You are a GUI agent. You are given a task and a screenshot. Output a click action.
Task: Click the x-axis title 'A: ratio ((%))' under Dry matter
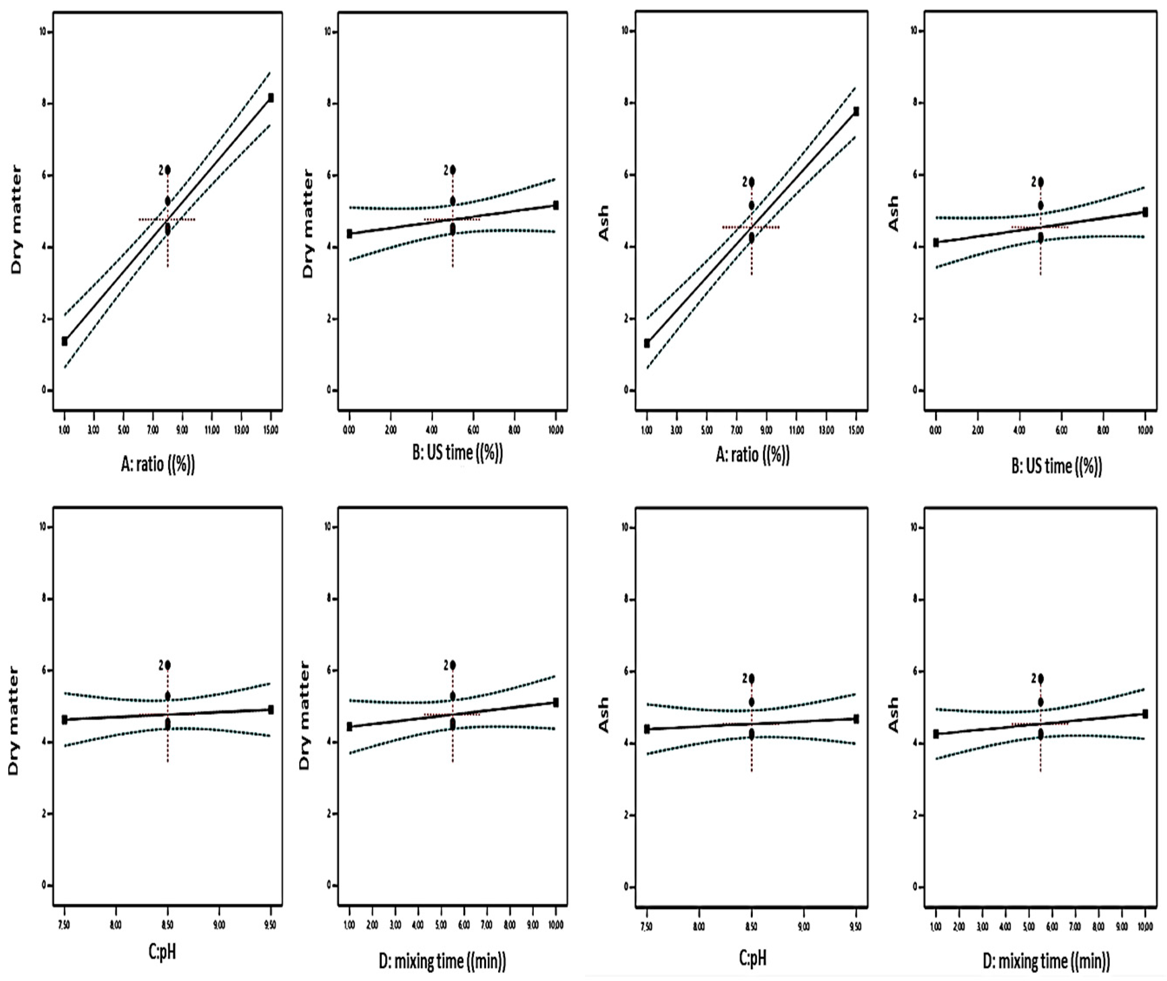[x=158, y=464]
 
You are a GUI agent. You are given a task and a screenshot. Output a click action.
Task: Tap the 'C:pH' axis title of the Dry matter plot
[x=162, y=951]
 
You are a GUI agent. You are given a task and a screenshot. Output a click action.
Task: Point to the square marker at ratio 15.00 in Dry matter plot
[x=271, y=98]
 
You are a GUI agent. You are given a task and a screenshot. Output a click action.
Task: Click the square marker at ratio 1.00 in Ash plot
[x=647, y=343]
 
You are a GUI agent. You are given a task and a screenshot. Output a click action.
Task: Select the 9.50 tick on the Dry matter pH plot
[x=271, y=925]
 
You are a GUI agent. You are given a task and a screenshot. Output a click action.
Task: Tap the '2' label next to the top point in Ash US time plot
[x=1033, y=182]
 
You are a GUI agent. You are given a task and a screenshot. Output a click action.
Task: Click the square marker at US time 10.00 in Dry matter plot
[x=556, y=205]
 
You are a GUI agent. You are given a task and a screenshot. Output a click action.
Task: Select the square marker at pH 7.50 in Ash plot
[x=647, y=729]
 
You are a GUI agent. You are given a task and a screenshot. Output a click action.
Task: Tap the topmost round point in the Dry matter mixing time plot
[x=453, y=665]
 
